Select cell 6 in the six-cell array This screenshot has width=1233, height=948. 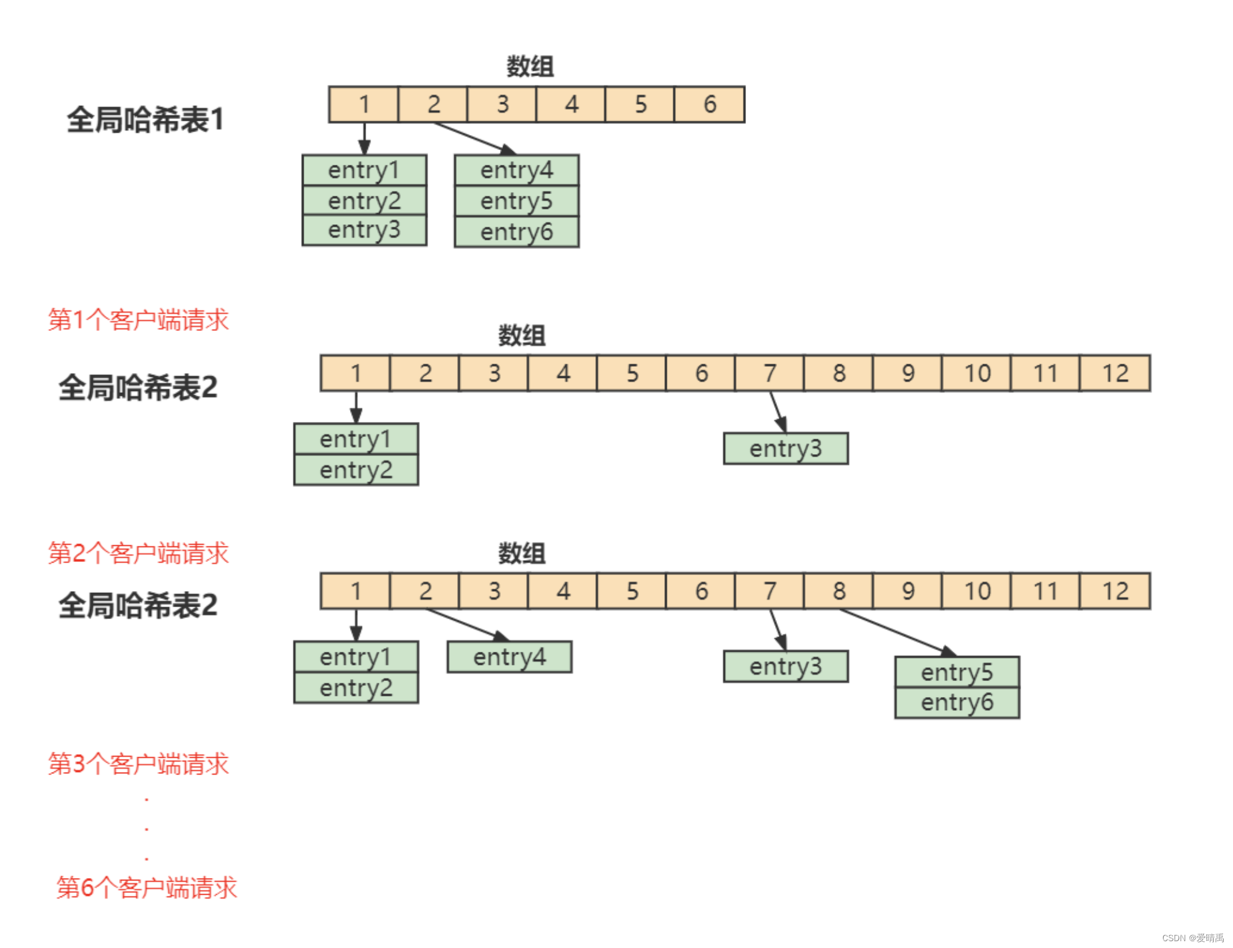[709, 104]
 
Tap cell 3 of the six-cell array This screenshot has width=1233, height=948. [502, 104]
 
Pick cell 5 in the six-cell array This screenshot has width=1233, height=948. [640, 104]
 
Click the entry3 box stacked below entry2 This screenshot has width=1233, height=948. [364, 230]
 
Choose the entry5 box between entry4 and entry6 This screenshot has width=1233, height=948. [516, 201]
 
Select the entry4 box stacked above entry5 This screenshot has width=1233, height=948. [516, 170]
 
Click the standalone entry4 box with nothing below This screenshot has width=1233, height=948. [509, 657]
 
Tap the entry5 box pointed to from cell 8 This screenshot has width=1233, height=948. [957, 672]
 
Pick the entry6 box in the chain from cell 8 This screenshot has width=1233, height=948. [957, 703]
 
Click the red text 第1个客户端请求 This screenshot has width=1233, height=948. [138, 320]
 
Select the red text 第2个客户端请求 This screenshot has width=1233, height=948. [138, 553]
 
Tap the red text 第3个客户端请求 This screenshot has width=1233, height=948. [138, 763]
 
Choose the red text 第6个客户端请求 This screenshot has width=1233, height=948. [146, 887]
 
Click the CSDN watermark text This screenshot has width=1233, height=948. [1193, 937]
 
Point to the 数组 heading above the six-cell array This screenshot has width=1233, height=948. [530, 66]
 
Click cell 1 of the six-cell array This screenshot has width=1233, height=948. [364, 104]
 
